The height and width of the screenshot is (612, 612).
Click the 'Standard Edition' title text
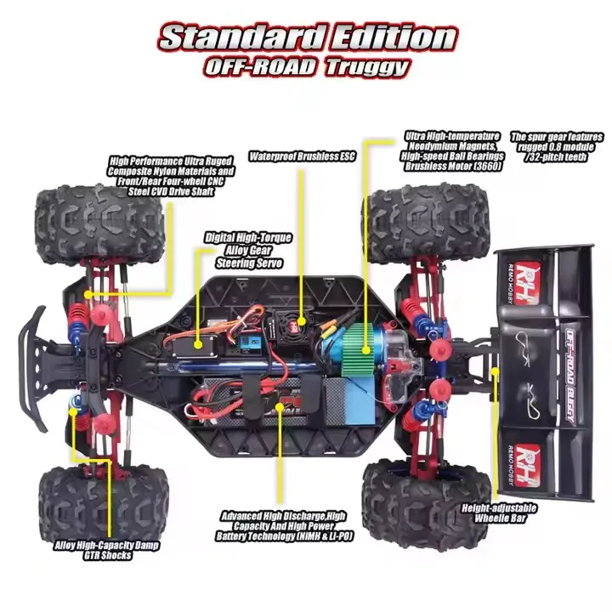(309, 38)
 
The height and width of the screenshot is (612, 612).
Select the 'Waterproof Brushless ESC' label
(302, 156)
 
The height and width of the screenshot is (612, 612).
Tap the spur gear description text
(557, 147)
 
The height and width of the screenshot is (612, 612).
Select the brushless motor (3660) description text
(453, 151)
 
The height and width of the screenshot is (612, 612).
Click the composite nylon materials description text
(172, 176)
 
